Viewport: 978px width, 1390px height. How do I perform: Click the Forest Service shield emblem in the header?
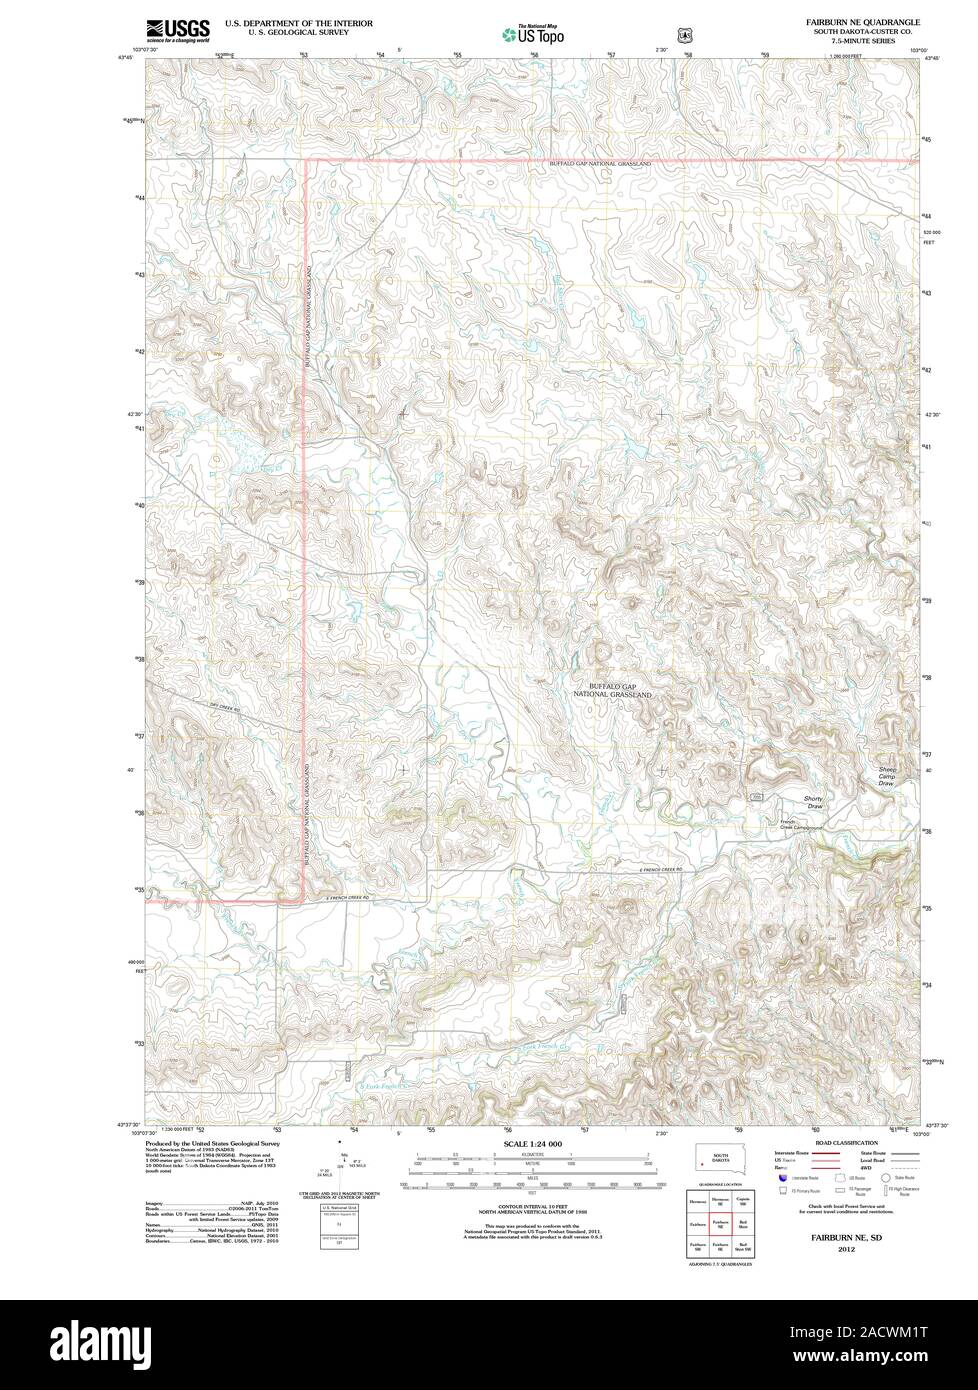click(685, 34)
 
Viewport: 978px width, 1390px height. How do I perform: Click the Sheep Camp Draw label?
click(886, 776)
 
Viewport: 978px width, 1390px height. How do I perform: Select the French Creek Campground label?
click(800, 825)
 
